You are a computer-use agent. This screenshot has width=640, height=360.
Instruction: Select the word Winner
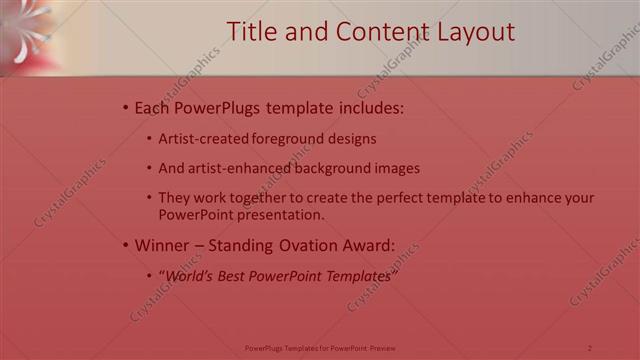point(160,244)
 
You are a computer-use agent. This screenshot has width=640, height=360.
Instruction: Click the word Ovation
point(304,244)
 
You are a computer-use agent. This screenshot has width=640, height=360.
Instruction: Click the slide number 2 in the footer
point(590,348)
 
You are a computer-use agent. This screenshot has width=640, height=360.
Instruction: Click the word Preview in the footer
point(383,348)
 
